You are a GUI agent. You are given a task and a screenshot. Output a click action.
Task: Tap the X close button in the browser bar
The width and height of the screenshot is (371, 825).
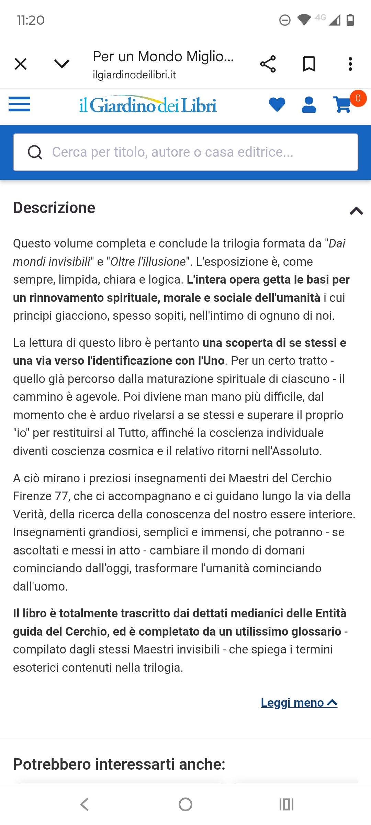pos(21,64)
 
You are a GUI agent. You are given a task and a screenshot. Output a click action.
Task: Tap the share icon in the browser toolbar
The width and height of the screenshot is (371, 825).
pos(268,64)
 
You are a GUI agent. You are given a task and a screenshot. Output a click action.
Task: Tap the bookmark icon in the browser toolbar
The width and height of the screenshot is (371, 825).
pos(309,64)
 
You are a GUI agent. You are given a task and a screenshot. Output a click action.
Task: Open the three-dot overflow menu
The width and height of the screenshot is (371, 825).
pos(350,64)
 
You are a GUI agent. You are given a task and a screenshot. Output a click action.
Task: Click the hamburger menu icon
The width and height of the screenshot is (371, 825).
pos(20,104)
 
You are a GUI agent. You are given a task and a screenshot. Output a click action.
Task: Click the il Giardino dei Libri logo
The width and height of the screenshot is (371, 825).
pos(148,105)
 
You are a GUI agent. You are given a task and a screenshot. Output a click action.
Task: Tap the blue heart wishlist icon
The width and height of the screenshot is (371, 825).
pos(277,104)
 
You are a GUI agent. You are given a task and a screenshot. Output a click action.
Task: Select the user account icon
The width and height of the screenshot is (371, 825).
pos(309,104)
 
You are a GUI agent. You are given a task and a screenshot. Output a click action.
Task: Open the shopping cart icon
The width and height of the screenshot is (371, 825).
pos(342,104)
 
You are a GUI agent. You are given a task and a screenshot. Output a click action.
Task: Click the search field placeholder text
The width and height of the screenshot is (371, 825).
pos(172,152)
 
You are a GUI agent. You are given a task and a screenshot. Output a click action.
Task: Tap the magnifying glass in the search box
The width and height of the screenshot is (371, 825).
pos(35,152)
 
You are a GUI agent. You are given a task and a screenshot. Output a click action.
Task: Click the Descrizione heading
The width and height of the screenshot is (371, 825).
pos(54,208)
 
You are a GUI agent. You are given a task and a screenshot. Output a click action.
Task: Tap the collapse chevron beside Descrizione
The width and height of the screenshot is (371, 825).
pos(356,211)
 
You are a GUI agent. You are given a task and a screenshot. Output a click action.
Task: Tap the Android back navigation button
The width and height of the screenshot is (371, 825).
pos(85,804)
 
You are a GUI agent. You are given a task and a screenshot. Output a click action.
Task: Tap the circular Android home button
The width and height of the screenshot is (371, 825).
pos(185,804)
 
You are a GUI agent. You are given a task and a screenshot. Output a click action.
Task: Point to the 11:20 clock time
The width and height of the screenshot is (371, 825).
pos(31,20)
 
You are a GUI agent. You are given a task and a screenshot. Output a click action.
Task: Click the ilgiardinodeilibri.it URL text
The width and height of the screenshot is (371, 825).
pos(134,75)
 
